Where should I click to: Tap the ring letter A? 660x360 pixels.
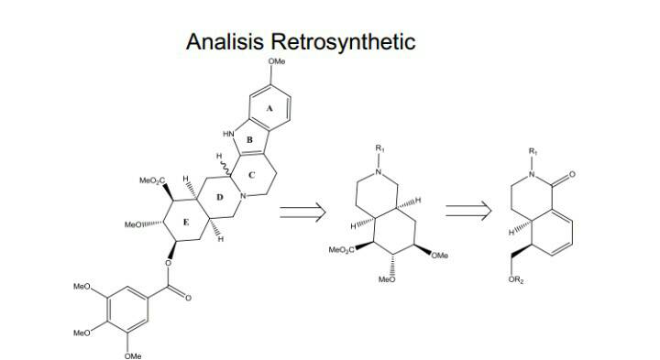269,108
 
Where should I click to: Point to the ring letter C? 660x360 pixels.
250,175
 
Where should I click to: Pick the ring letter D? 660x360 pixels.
219,197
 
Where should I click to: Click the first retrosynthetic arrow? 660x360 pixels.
302,213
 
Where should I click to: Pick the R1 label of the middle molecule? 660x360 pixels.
378,147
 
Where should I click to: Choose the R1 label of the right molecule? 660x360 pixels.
534,149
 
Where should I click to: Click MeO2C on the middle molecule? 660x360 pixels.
341,249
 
